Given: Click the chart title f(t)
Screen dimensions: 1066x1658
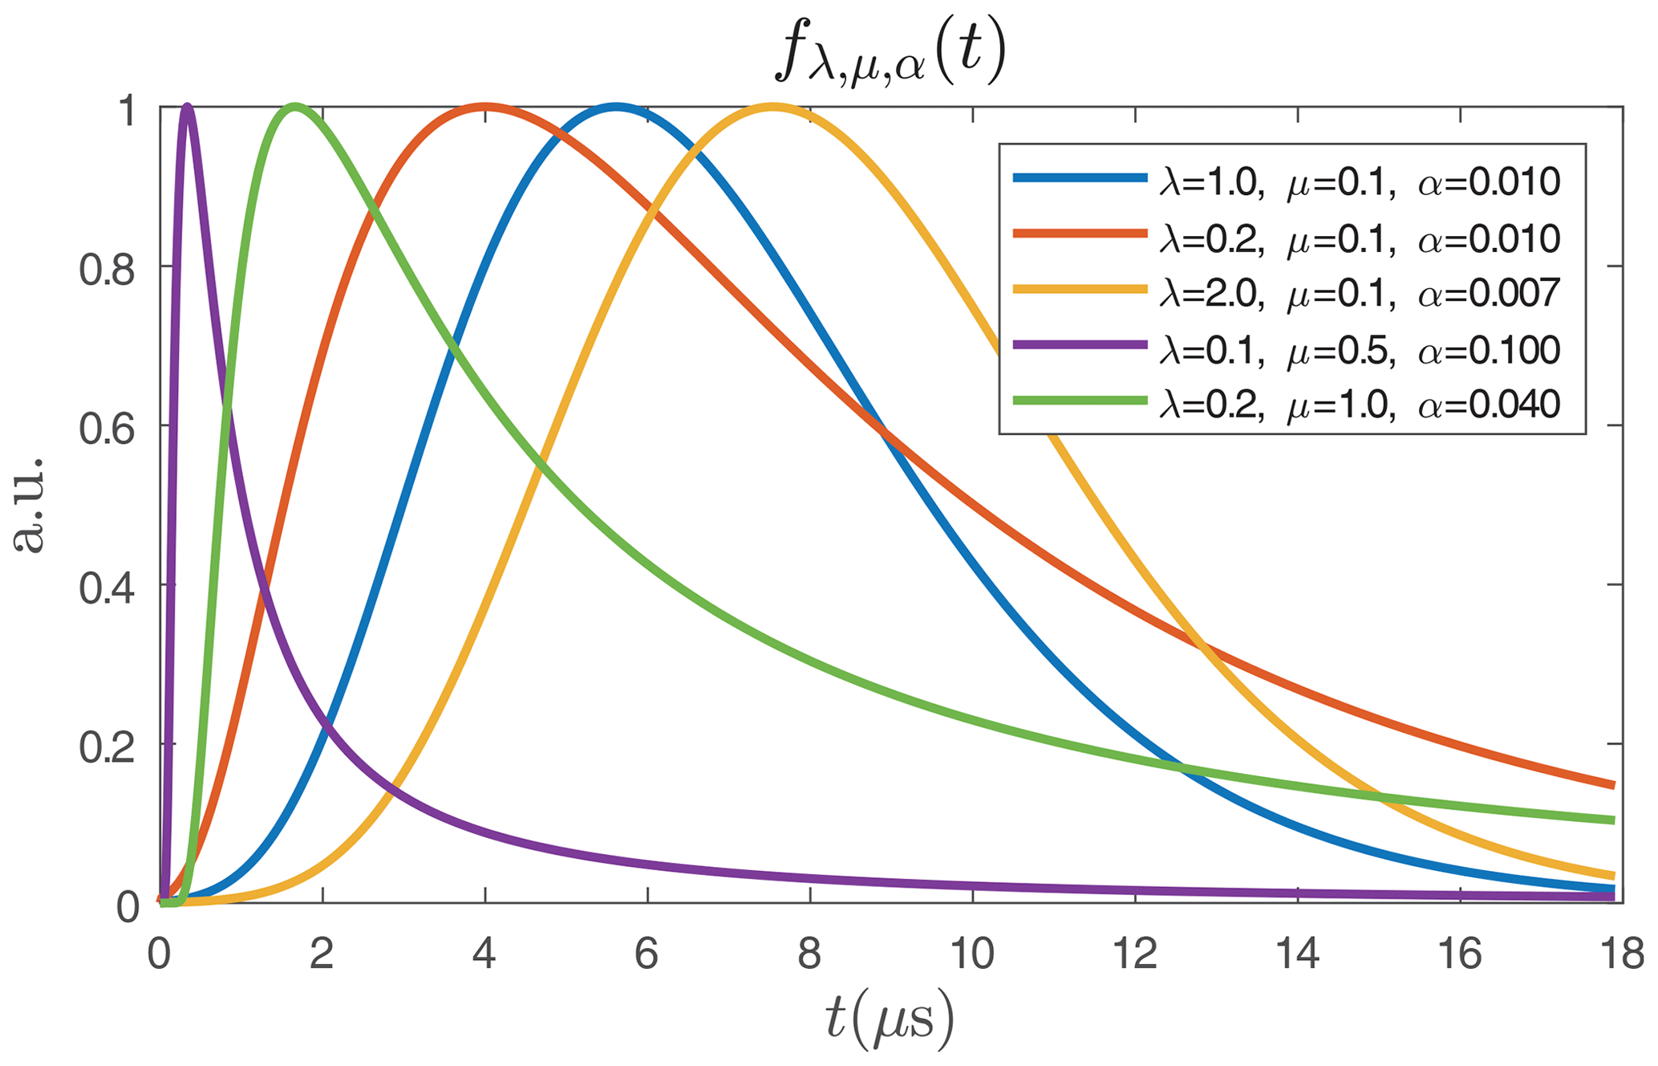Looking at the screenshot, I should point(890,56).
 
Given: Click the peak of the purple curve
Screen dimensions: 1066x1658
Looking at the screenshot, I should point(188,108).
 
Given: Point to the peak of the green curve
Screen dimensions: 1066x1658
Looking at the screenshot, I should point(295,108).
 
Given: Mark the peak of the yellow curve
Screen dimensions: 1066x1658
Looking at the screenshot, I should point(772,108).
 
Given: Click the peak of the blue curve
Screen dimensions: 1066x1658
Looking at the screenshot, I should point(616,108).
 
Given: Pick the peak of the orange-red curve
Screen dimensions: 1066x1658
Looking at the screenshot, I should point(485,108).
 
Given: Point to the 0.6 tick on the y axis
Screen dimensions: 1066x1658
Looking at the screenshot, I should point(161,425).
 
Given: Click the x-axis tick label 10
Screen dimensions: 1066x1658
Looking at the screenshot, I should point(972,955).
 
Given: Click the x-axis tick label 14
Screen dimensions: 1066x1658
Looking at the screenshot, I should point(1297,955).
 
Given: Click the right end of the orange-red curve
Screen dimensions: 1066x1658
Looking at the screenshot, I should point(1612,785).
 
